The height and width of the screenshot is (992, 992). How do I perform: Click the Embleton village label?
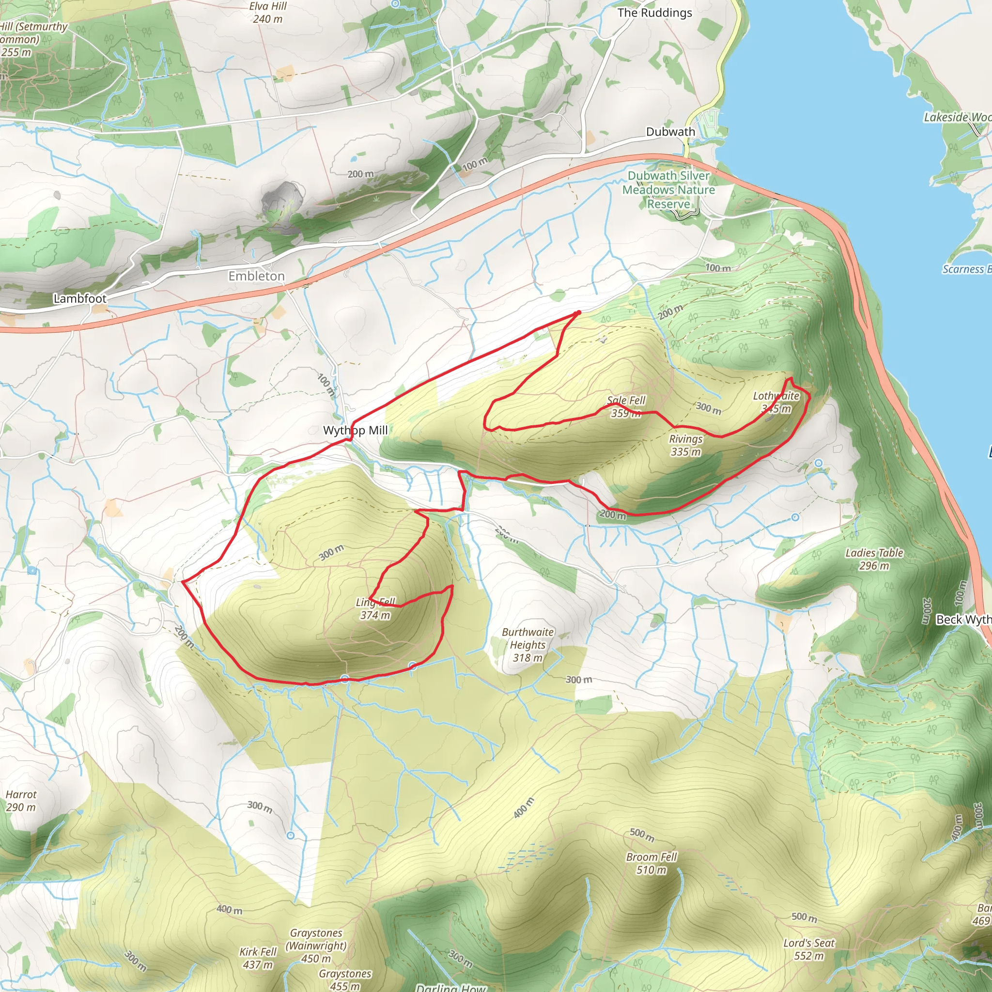coord(256,276)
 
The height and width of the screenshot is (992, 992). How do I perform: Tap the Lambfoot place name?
coord(80,298)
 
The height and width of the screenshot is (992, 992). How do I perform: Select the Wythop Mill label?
coord(356,430)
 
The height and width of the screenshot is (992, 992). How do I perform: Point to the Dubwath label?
coord(670,132)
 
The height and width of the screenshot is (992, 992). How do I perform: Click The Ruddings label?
coord(655,13)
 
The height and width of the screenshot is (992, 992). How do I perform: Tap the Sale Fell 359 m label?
coord(626,407)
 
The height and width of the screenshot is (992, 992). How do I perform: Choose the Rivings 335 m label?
coord(685,445)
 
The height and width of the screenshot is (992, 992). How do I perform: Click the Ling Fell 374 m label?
coord(375,608)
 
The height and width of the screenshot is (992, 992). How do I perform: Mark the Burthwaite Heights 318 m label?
coord(527,644)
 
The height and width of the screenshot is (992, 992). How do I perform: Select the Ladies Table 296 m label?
coord(874,559)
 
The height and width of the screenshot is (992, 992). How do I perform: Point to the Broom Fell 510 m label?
coord(651,863)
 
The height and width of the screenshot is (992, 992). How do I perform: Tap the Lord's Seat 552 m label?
coord(809,949)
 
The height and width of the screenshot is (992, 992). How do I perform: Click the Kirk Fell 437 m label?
coord(258,958)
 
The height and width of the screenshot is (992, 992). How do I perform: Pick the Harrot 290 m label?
coord(21,801)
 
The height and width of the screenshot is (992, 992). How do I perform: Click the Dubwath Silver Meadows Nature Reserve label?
coord(668,190)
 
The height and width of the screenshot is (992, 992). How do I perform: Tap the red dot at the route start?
coord(579,313)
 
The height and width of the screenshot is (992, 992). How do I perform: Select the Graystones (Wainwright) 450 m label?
coord(316,945)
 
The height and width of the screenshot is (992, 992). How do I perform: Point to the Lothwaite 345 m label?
coord(776,402)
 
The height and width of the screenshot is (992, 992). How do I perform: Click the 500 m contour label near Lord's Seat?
coord(804,917)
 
